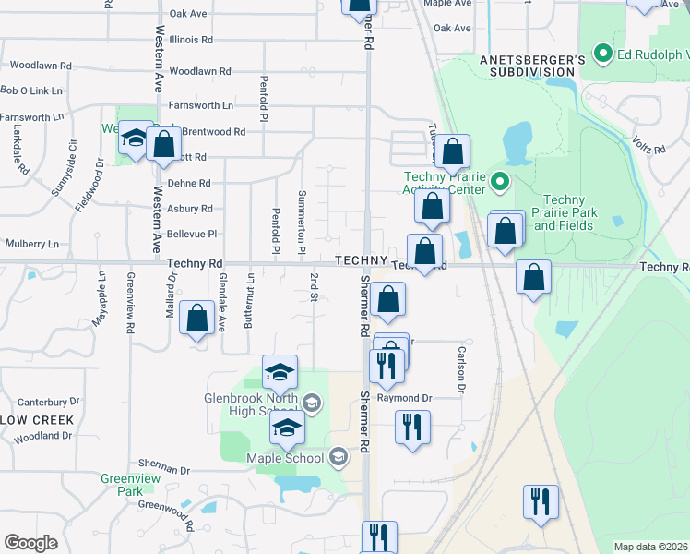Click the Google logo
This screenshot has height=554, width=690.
(30, 543)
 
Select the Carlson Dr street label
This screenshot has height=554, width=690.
(460, 367)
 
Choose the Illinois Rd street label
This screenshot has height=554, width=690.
(191, 40)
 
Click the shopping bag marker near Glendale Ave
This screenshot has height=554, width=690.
(197, 319)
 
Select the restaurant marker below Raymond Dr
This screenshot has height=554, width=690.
(412, 428)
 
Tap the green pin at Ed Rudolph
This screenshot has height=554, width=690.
(604, 54)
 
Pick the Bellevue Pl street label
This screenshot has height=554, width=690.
(190, 235)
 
